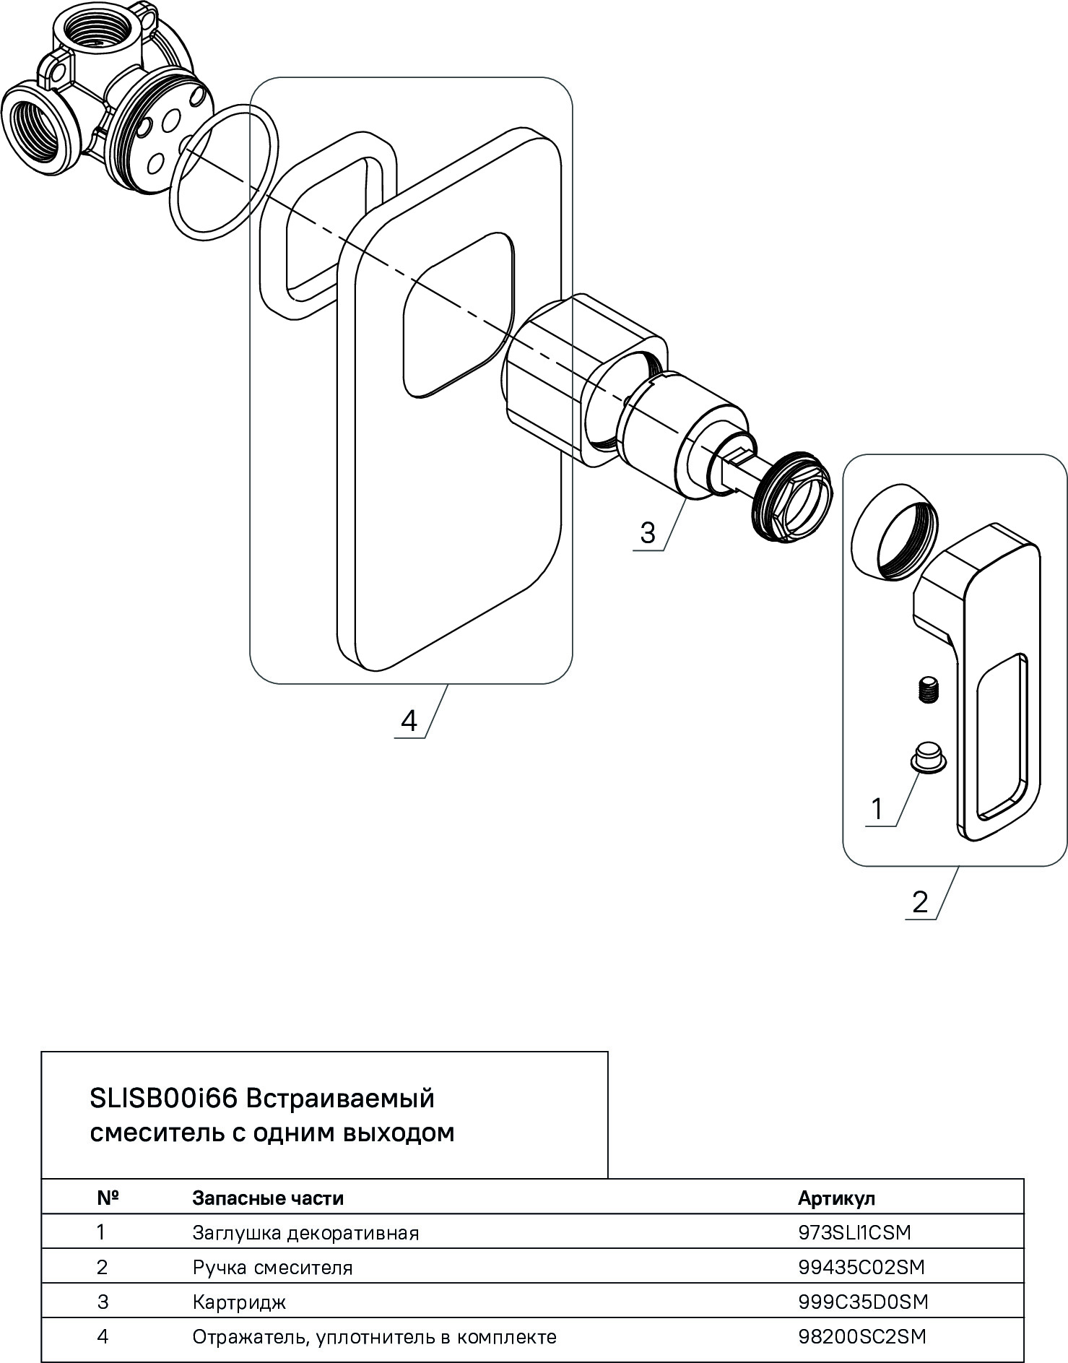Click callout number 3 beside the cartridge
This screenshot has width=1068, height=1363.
[647, 533]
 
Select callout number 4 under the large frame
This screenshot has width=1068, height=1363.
[409, 720]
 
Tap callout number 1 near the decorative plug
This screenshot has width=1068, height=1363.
[877, 809]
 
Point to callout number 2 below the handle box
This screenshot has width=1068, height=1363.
[919, 902]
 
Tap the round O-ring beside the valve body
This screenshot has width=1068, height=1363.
[224, 171]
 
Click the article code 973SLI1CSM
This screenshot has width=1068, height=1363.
[854, 1232]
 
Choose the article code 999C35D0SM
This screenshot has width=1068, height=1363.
[863, 1302]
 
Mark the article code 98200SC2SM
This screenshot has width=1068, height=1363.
[861, 1337]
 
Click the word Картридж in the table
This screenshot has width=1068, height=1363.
[239, 1302]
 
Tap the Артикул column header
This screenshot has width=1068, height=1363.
[836, 1198]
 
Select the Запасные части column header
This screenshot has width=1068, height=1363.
[268, 1198]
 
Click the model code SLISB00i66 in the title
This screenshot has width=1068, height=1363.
[164, 1099]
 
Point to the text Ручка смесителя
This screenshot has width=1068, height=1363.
[272, 1268]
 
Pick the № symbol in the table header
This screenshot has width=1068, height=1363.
[108, 1198]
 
